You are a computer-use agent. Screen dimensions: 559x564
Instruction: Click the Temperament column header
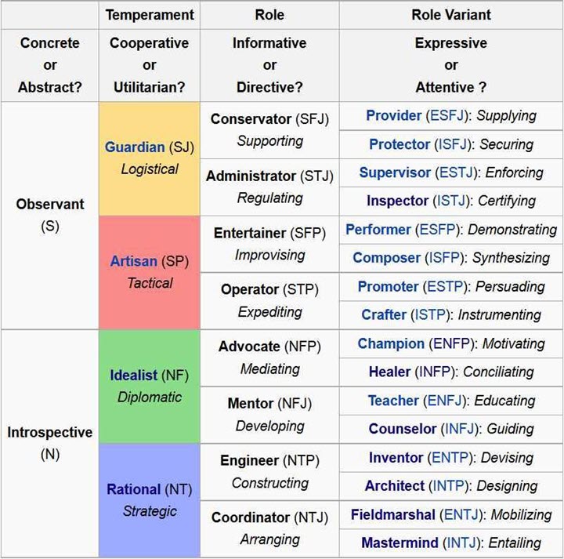(150, 15)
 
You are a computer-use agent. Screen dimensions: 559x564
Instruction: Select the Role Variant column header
(451, 15)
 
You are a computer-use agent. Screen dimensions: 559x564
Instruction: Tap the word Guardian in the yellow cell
(135, 147)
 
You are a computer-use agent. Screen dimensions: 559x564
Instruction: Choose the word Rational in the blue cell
(133, 489)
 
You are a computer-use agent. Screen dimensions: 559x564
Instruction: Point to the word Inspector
(397, 201)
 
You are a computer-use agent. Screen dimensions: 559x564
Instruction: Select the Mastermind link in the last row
(399, 543)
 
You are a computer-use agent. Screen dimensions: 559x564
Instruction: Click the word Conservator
(251, 119)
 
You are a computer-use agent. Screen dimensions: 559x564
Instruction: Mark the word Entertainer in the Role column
(249, 233)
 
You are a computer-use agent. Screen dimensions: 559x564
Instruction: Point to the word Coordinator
(251, 517)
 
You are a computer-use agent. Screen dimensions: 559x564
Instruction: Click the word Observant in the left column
(50, 204)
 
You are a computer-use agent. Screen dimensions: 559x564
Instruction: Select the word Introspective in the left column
(50, 432)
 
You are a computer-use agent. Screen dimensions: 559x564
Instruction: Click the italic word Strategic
(150, 511)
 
